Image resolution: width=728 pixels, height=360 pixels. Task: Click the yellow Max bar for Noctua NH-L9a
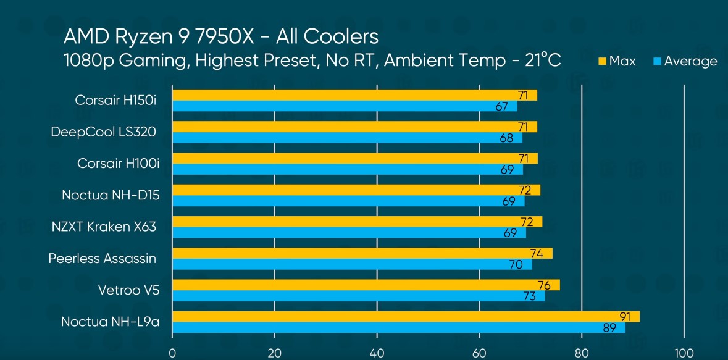click(x=406, y=317)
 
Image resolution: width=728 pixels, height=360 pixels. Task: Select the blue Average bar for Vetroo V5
click(x=358, y=296)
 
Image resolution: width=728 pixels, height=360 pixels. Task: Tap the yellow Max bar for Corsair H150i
click(x=354, y=95)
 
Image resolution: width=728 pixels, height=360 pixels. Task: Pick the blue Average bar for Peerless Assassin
click(x=352, y=264)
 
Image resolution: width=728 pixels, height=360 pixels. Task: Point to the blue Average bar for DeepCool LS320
click(x=347, y=138)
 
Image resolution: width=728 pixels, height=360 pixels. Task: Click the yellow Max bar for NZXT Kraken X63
click(x=357, y=222)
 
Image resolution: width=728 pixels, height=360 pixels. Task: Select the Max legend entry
click(x=616, y=61)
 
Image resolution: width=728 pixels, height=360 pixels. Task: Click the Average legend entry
click(x=685, y=61)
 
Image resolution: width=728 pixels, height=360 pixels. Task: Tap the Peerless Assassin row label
click(x=103, y=258)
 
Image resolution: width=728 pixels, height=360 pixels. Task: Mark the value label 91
click(x=625, y=317)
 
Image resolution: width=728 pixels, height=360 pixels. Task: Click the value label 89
click(x=609, y=328)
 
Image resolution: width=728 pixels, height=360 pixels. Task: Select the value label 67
click(x=501, y=106)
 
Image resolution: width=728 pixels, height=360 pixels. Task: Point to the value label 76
click(x=545, y=285)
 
